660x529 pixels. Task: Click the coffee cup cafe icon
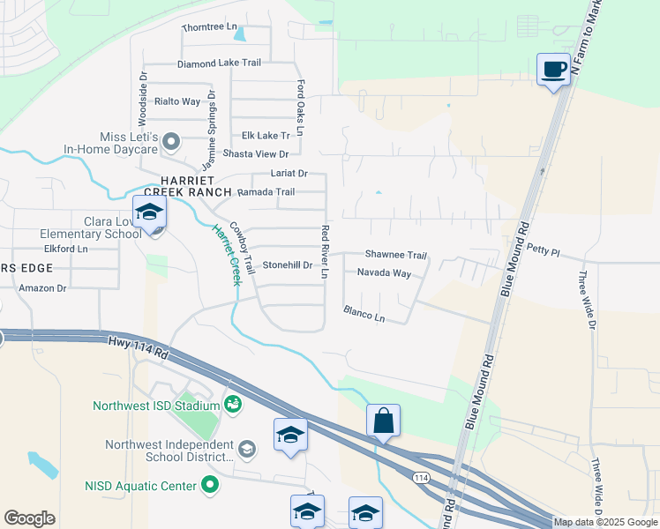pyautogui.click(x=553, y=70)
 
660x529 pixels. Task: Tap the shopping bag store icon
pyautogui.click(x=384, y=421)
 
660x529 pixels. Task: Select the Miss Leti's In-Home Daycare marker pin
pyautogui.click(x=172, y=140)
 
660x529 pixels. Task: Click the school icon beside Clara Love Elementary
pyautogui.click(x=149, y=212)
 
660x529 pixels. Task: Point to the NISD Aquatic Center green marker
pyautogui.click(x=209, y=484)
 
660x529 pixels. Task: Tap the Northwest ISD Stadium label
pyautogui.click(x=156, y=406)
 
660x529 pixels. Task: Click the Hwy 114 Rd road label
pyautogui.click(x=139, y=346)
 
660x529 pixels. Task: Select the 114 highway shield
pyautogui.click(x=419, y=477)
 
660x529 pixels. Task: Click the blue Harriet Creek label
pyautogui.click(x=225, y=255)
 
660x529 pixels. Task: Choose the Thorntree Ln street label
pyautogui.click(x=210, y=27)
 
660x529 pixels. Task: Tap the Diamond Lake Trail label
pyautogui.click(x=219, y=63)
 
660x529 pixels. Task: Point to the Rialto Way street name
pyautogui.click(x=177, y=101)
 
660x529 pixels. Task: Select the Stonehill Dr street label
pyautogui.click(x=287, y=264)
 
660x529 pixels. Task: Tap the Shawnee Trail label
pyautogui.click(x=396, y=255)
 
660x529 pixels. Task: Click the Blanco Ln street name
pyautogui.click(x=364, y=313)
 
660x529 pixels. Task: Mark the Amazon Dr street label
pyautogui.click(x=42, y=287)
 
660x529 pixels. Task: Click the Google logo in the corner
pyautogui.click(x=29, y=518)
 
